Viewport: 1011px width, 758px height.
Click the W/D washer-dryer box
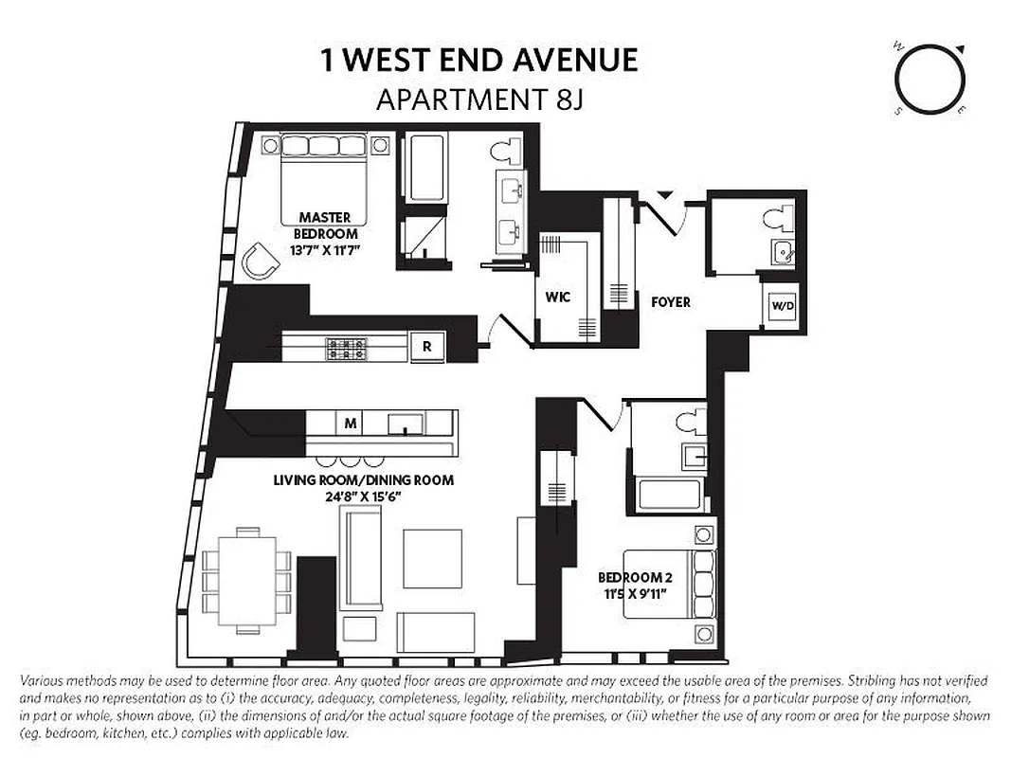pos(782,306)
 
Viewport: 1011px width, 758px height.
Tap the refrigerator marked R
pos(426,347)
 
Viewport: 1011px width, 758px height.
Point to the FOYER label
pos(670,302)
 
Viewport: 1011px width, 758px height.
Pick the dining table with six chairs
pos(247,579)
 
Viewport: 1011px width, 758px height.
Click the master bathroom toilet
pos(513,151)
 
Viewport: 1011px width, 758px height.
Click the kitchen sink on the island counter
pos(406,423)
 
